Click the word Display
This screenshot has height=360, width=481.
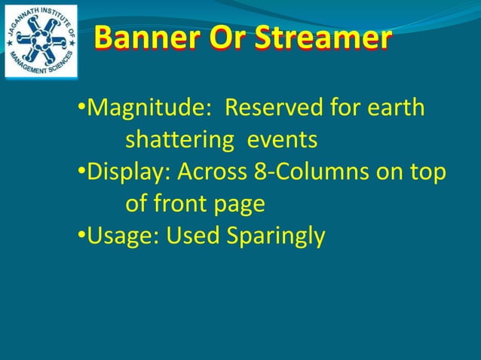[x=129, y=172]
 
